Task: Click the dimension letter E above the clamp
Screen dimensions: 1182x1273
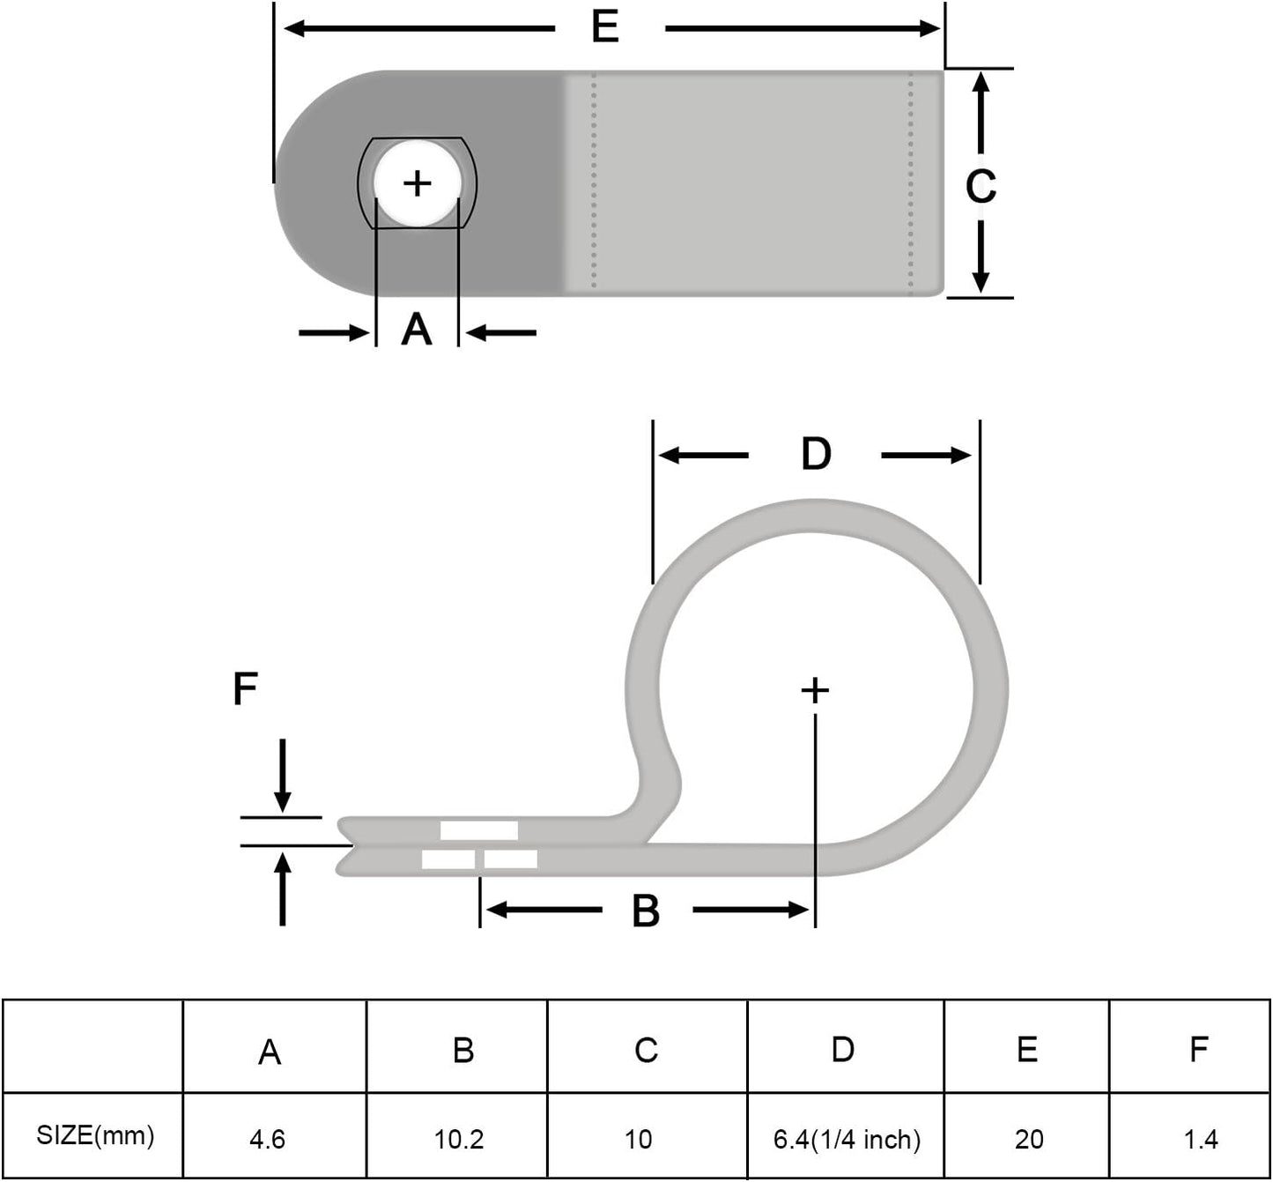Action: pyautogui.click(x=605, y=27)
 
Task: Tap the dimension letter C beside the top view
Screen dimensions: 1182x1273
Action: pyautogui.click(x=981, y=186)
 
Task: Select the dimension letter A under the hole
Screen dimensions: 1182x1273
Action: pyautogui.click(x=417, y=330)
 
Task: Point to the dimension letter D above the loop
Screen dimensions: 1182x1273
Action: pyautogui.click(x=816, y=455)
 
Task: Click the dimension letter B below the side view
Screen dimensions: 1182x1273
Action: pyautogui.click(x=646, y=911)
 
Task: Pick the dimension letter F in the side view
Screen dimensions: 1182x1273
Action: pyautogui.click(x=245, y=688)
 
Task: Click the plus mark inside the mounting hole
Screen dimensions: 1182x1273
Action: pyautogui.click(x=417, y=183)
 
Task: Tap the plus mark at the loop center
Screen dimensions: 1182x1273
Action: pyautogui.click(x=815, y=690)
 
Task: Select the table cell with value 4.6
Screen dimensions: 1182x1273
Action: pyautogui.click(x=267, y=1139)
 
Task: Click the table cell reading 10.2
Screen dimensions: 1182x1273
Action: pyautogui.click(x=459, y=1139)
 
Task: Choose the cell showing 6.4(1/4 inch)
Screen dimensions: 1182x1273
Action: pyautogui.click(x=847, y=1139)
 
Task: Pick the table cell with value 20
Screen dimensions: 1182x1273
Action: pyautogui.click(x=1028, y=1139)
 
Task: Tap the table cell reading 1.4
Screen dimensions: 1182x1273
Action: pyautogui.click(x=1200, y=1139)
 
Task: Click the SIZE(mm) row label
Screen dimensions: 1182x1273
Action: pyautogui.click(x=95, y=1135)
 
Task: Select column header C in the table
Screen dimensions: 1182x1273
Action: pyautogui.click(x=646, y=1050)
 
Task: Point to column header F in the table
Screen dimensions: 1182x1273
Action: pyautogui.click(x=1198, y=1049)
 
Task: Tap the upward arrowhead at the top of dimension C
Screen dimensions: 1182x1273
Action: pyautogui.click(x=981, y=83)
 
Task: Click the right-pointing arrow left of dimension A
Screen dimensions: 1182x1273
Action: pyautogui.click(x=334, y=333)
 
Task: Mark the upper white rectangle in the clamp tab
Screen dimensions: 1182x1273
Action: pyautogui.click(x=478, y=830)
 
